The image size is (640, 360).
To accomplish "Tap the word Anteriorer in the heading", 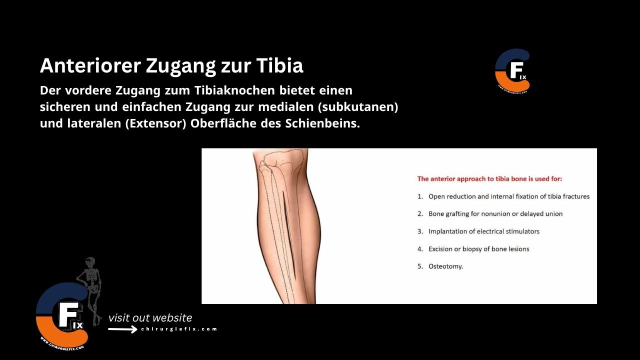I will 90,65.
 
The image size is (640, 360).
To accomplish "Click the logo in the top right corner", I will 512,70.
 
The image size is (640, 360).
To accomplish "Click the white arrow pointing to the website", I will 122,329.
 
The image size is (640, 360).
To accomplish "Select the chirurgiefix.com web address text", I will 179,329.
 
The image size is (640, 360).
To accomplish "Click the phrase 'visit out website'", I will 150,318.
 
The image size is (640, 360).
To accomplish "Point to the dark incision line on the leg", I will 289,235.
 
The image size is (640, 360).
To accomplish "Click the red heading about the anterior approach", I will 493,178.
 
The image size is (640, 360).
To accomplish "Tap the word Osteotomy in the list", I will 445,266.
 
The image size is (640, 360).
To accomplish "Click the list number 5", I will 420,266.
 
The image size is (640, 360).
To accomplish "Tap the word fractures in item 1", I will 575,196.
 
